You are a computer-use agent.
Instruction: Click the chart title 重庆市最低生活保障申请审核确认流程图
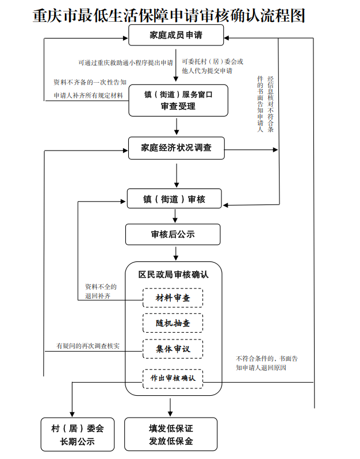click(x=168, y=16)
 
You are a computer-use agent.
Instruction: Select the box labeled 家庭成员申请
click(x=175, y=36)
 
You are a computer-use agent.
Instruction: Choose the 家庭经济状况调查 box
click(x=176, y=148)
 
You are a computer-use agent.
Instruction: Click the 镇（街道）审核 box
click(x=174, y=199)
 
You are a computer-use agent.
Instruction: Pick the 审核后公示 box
click(x=173, y=234)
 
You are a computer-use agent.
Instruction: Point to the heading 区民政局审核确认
click(x=173, y=275)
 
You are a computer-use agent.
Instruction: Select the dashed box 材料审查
click(x=173, y=298)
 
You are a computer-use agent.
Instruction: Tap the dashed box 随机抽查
click(x=173, y=323)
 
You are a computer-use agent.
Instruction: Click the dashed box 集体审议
click(x=173, y=349)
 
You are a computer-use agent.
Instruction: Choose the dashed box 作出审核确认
click(x=173, y=378)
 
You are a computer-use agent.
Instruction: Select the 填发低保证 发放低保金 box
click(x=171, y=435)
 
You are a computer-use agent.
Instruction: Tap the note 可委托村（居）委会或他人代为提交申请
click(x=212, y=65)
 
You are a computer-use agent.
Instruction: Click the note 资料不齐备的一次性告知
click(x=90, y=82)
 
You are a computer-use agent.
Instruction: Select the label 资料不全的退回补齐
click(x=101, y=291)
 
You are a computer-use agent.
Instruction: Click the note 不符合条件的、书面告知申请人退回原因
click(x=266, y=362)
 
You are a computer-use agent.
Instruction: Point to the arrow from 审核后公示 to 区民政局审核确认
click(x=173, y=253)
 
